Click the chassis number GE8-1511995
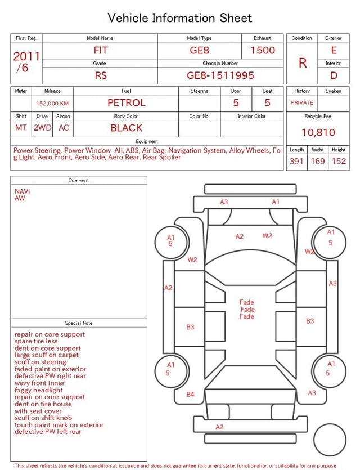click(x=220, y=75)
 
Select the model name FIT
click(x=101, y=50)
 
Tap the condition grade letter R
click(x=303, y=63)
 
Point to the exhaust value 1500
click(x=263, y=50)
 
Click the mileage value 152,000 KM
click(x=52, y=104)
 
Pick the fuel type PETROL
click(x=127, y=103)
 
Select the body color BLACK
click(x=127, y=128)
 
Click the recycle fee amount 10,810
click(x=318, y=132)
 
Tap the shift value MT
click(x=21, y=128)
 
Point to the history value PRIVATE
click(x=302, y=102)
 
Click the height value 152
click(x=339, y=161)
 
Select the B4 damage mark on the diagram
click(x=190, y=395)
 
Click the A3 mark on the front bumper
click(x=224, y=202)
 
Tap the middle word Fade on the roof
click(x=247, y=310)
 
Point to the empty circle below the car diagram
click(x=330, y=440)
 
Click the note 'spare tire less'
click(x=36, y=341)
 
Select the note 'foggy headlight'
click(x=39, y=390)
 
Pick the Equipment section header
click(x=147, y=141)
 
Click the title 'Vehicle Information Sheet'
click(x=179, y=18)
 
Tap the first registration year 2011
click(x=26, y=56)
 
